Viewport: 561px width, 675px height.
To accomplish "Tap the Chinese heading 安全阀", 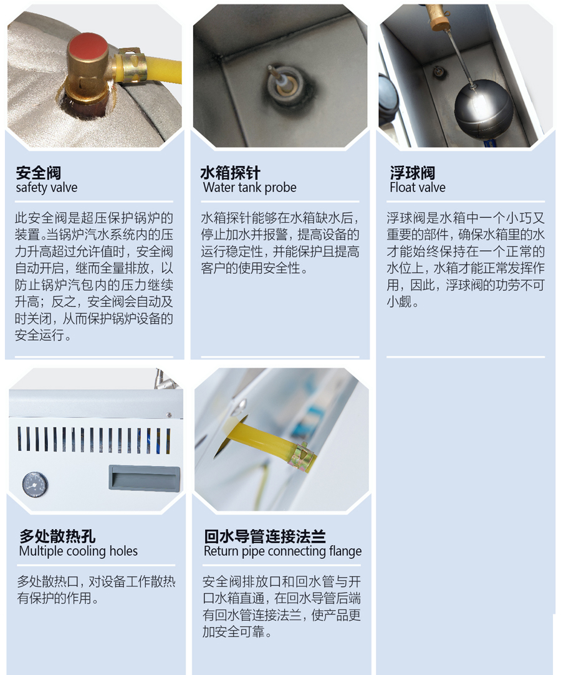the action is pyautogui.click(x=38, y=173).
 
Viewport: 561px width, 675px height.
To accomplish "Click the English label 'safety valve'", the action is pyautogui.click(x=47, y=188).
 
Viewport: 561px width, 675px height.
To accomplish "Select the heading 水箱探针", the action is pyautogui.click(x=230, y=173).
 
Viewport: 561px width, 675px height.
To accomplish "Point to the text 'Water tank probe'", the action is pyautogui.click(x=249, y=188).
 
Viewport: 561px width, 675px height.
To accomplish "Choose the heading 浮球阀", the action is pyautogui.click(x=412, y=173).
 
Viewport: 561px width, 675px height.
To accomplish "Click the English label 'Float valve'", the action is pyautogui.click(x=417, y=188).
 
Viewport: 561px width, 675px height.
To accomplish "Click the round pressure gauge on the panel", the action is pyautogui.click(x=35, y=485).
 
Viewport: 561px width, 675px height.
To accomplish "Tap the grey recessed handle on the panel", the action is pyautogui.click(x=144, y=477).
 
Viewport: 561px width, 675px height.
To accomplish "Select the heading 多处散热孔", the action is pyautogui.click(x=57, y=537).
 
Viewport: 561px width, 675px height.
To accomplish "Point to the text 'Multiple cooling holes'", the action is pyautogui.click(x=79, y=551).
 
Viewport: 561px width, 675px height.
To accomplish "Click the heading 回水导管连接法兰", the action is pyautogui.click(x=264, y=537).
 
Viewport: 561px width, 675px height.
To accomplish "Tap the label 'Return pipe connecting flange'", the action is pyautogui.click(x=282, y=551).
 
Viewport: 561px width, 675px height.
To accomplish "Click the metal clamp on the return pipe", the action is pyautogui.click(x=304, y=456).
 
